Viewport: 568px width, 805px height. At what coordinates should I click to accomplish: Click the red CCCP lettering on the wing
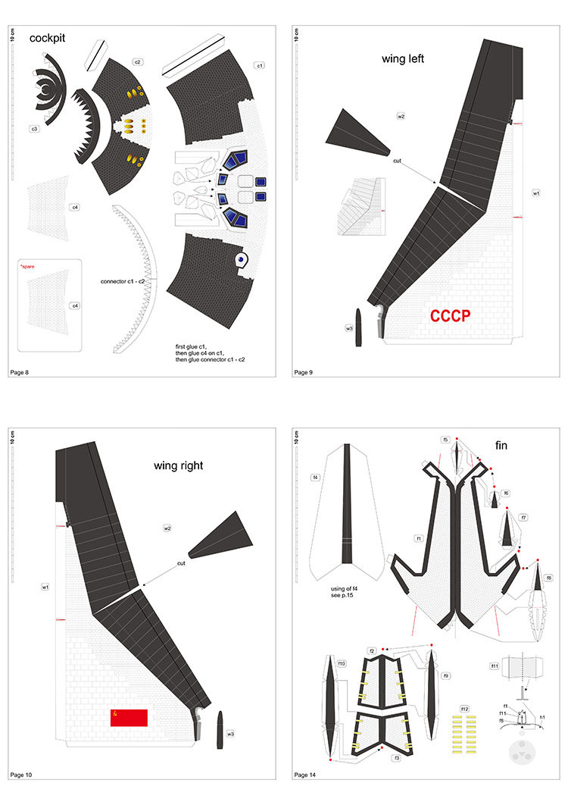point(451,316)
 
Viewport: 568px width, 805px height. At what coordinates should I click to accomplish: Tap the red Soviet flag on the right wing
point(128,717)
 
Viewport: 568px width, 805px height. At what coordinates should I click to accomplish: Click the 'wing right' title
point(179,465)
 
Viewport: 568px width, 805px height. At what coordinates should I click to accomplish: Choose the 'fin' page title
point(501,445)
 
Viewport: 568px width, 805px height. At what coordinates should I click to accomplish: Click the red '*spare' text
point(27,267)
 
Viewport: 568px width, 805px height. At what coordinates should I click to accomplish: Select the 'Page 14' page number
point(307,775)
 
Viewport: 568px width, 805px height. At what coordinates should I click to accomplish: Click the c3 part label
point(34,129)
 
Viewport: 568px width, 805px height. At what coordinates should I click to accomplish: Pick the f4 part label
point(315,478)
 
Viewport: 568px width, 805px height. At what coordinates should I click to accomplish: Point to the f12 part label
point(464,709)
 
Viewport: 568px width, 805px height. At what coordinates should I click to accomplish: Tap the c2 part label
point(137,61)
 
